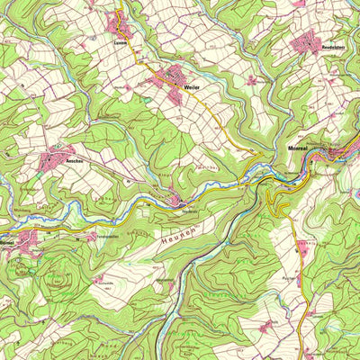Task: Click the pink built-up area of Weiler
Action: click(170, 82)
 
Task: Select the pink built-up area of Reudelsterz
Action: click(309, 40)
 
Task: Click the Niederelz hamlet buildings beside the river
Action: click(178, 201)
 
